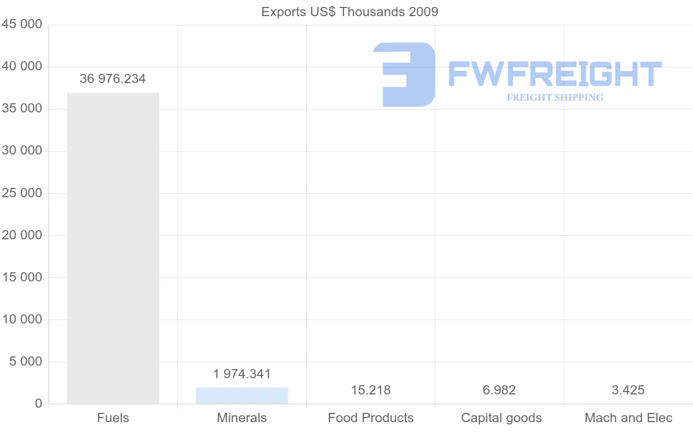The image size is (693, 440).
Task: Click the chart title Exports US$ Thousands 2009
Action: [x=349, y=12]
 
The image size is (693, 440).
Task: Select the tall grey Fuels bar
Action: [x=113, y=248]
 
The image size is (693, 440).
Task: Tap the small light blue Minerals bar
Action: [x=242, y=396]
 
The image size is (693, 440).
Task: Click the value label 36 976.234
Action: [x=113, y=79]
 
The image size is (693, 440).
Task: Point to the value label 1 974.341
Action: [x=242, y=374]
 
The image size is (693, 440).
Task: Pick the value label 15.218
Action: [x=371, y=390]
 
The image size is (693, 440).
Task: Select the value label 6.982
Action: [x=500, y=390]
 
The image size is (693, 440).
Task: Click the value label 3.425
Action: [x=628, y=390]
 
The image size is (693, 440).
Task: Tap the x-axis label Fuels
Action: [x=113, y=418]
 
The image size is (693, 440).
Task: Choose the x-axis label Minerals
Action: [x=242, y=418]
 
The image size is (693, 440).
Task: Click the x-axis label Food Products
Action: [x=371, y=418]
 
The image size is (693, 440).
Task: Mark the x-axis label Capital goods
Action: [x=501, y=418]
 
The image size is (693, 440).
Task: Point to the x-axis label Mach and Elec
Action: [x=628, y=418]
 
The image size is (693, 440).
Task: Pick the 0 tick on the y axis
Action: [x=39, y=404]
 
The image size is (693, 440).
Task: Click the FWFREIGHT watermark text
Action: [x=554, y=74]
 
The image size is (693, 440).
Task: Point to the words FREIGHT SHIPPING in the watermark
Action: [x=555, y=97]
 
